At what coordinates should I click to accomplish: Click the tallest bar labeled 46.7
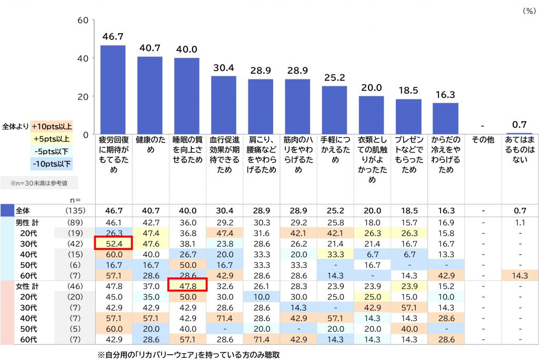113,89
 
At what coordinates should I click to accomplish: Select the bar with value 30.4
224,105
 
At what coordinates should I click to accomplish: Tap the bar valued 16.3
445,118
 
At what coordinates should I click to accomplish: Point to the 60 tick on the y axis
82,20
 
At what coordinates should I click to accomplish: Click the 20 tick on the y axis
82,96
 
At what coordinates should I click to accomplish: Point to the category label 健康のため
149,145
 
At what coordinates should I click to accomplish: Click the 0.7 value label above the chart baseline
519,125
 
